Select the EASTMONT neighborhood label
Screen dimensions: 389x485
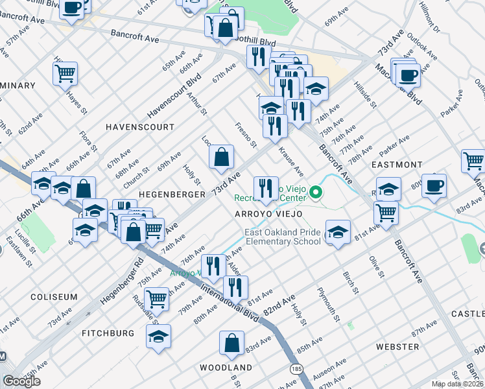(x=397, y=165)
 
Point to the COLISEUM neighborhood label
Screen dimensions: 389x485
(x=53, y=297)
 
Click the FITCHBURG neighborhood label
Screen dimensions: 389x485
(x=108, y=333)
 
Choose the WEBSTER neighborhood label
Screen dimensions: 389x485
(x=397, y=347)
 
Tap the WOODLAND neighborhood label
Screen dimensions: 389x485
(x=226, y=368)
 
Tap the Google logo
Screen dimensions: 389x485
(x=21, y=381)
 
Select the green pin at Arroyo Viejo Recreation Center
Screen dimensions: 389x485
(x=316, y=192)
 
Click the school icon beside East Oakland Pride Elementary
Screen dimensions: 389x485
(x=337, y=231)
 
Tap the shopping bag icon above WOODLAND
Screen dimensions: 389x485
(x=231, y=343)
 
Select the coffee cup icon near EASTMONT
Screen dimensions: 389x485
(x=434, y=185)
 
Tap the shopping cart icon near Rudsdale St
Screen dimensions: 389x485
(x=158, y=299)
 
